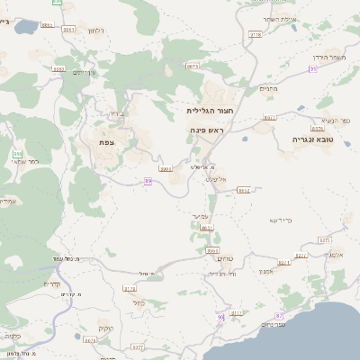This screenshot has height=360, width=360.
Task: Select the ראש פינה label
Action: point(206,130)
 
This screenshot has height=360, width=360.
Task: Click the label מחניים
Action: point(270,88)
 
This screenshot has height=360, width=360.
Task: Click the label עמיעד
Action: point(202,217)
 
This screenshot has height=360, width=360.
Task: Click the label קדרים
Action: point(52,284)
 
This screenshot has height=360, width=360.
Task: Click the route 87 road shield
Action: point(279,316)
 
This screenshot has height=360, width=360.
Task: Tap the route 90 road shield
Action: point(220,317)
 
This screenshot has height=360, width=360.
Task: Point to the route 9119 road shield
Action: point(255,34)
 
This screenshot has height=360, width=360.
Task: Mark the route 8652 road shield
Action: point(243,191)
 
